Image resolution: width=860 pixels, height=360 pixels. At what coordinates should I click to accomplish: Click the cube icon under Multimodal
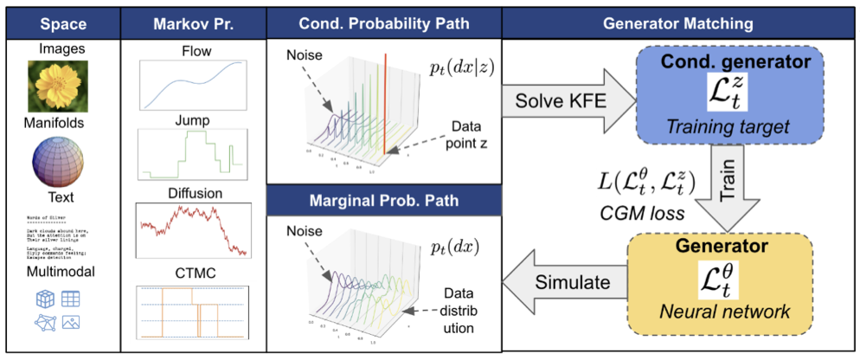coord(44,298)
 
